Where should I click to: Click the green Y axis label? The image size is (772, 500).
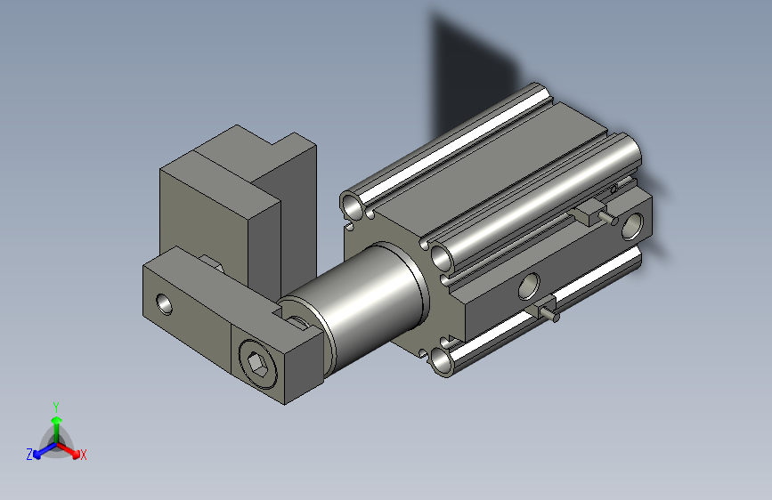pos(55,405)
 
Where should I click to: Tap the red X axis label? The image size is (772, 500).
pos(84,456)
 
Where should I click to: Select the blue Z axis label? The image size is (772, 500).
pos(29,455)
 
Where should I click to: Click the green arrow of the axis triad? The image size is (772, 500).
pos(55,422)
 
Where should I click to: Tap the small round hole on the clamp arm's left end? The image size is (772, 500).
pos(166,304)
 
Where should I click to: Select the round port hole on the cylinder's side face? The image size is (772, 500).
pos(529,286)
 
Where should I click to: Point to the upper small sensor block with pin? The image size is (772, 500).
pos(590,214)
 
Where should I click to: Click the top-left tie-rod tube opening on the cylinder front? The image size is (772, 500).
pos(354,207)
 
